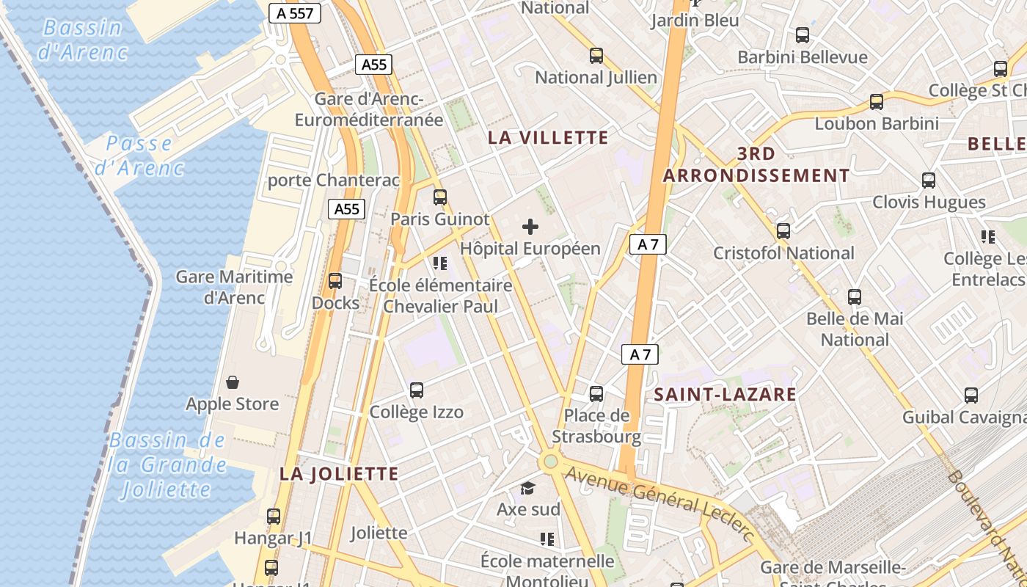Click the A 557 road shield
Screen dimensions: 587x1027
coord(295,13)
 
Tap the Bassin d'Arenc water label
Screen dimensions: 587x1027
coord(83,40)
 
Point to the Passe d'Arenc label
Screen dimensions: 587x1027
coord(139,156)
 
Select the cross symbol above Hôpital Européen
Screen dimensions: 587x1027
coord(530,227)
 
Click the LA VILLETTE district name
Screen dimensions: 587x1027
coord(548,138)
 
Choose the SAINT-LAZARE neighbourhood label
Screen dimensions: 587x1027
coord(725,395)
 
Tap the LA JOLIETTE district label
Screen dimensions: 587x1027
coord(339,474)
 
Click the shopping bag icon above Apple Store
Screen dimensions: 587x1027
coord(233,382)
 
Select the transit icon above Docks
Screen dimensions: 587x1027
coord(335,281)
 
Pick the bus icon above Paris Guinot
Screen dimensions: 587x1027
coord(439,197)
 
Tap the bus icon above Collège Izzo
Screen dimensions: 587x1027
coord(417,390)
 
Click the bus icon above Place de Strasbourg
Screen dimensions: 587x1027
coord(596,394)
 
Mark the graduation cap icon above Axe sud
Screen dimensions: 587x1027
coord(528,488)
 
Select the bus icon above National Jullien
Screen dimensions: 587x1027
coord(596,56)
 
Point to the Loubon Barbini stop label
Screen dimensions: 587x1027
coord(877,123)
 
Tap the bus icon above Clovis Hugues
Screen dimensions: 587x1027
coord(929,181)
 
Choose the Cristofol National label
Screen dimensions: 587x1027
coord(784,253)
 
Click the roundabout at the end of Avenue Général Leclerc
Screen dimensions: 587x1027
coord(549,462)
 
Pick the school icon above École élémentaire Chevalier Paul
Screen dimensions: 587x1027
coord(440,263)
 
